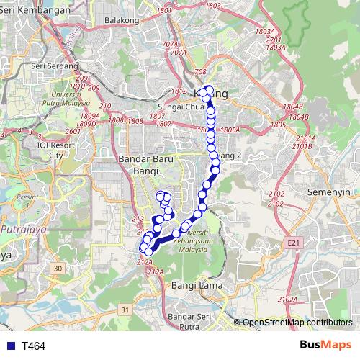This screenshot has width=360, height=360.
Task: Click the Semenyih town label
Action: [x=328, y=194]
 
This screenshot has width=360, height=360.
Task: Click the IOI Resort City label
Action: [x=55, y=150]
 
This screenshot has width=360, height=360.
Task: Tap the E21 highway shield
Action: [x=292, y=244]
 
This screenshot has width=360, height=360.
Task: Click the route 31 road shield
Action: [x=125, y=310]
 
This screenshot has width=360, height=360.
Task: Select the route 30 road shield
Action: [x=57, y=269]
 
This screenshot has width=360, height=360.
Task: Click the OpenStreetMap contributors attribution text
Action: [x=297, y=323]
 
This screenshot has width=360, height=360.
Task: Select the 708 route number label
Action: [x=199, y=72]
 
